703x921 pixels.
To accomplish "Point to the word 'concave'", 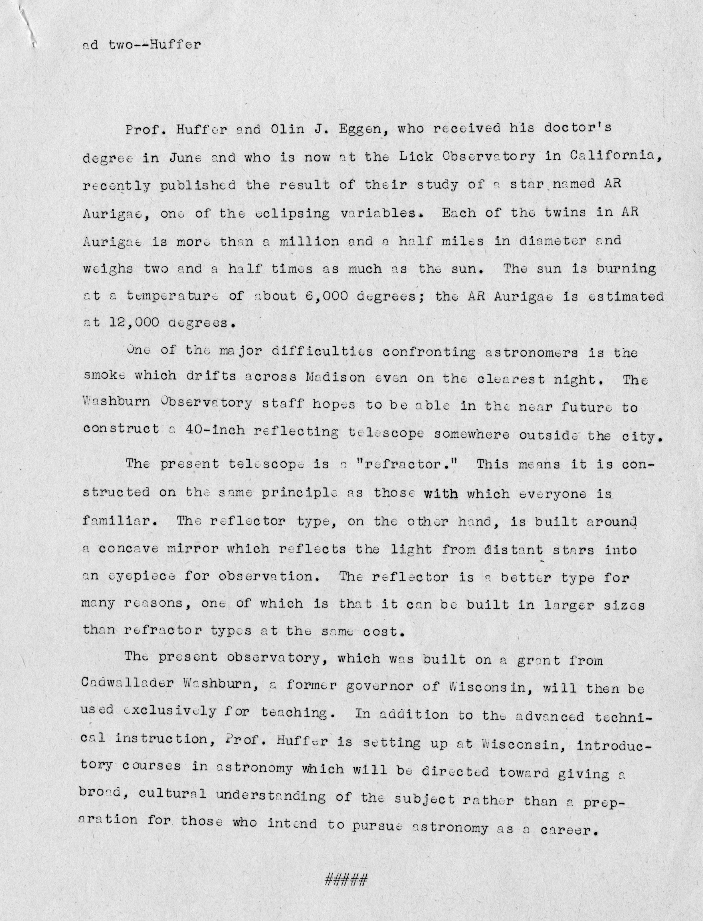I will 128,549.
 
